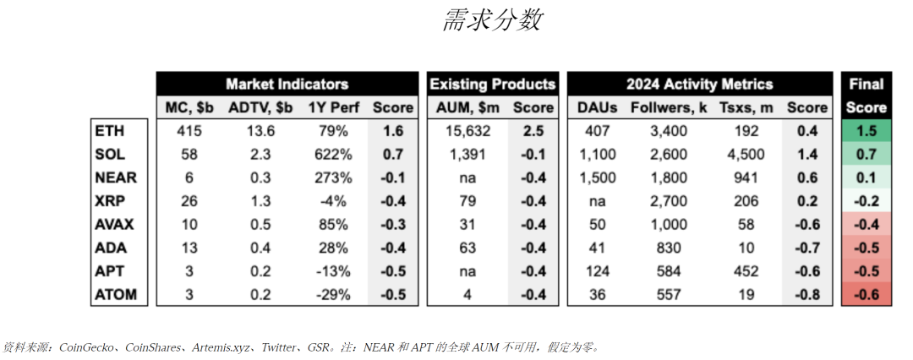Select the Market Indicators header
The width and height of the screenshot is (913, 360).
pos(287,84)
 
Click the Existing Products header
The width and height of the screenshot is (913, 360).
pos(493,84)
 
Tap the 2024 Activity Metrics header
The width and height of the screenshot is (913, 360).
pos(699,84)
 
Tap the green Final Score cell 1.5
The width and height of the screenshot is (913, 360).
pos(866,131)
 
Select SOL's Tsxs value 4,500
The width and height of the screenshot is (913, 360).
pos(745,155)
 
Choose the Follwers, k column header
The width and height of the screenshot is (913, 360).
pos(668,107)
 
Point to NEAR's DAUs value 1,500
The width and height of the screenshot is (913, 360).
pos(599,178)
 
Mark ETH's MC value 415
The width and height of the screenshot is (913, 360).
pos(191,131)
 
